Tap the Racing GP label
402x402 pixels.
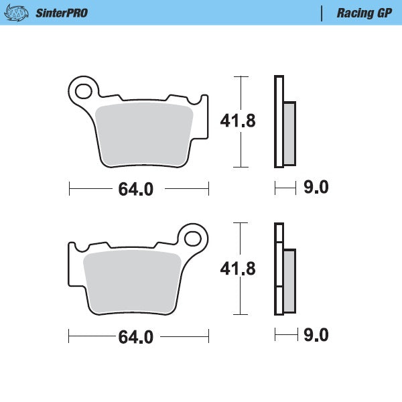364,13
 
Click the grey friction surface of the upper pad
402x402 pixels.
145,134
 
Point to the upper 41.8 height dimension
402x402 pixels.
238,121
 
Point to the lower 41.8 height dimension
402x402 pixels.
238,269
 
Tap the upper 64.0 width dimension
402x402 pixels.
136,190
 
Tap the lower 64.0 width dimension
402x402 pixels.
136,337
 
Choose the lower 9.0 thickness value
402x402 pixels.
316,335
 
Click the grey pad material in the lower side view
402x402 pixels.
289,281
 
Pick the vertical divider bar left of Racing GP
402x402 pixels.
322,13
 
